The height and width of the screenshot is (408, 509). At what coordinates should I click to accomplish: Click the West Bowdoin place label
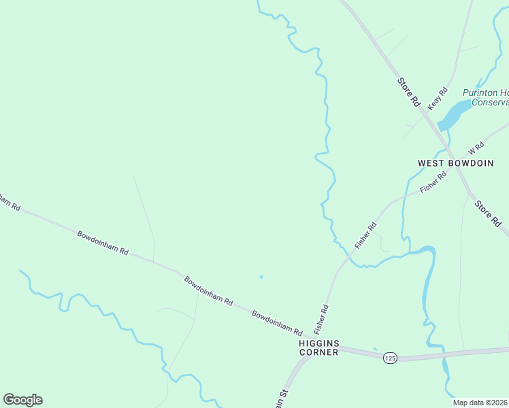[x=450, y=163]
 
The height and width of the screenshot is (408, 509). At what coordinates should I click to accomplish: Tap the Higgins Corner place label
[x=318, y=347]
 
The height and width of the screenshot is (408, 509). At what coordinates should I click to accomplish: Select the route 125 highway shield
[x=390, y=358]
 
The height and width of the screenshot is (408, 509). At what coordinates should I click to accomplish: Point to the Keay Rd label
[x=438, y=99]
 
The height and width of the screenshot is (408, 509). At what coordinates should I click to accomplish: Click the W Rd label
[x=475, y=148]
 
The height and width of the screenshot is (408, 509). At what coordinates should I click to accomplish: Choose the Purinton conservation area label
[x=485, y=97]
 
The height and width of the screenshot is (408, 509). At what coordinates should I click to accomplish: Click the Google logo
[x=22, y=400]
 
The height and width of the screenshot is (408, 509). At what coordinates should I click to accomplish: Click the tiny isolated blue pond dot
[x=261, y=277]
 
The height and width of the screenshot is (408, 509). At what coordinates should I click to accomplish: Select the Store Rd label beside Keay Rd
[x=409, y=92]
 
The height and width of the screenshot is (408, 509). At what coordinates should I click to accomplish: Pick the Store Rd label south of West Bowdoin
[x=488, y=213]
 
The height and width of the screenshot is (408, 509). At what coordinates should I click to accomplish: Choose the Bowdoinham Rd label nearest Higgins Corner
[x=277, y=323]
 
